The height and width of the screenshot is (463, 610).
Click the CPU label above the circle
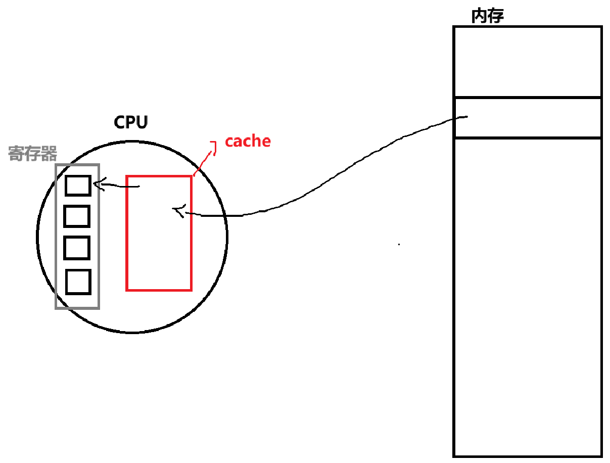point(131,122)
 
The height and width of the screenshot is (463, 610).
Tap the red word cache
point(248,141)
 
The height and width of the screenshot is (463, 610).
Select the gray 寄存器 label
point(33,154)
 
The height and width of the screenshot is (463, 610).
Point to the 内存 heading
point(487,16)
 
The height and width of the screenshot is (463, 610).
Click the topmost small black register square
point(78,186)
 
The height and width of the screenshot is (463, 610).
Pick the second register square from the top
point(77,216)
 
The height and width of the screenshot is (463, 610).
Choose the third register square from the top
point(77,248)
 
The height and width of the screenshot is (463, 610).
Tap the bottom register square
point(78,282)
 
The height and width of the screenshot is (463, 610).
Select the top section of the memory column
point(527,61)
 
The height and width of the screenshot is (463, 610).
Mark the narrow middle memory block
point(527,118)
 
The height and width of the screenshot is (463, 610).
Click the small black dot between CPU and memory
point(399,245)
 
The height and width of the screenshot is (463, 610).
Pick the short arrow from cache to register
point(119,186)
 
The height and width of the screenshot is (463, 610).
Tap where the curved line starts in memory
point(465,117)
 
